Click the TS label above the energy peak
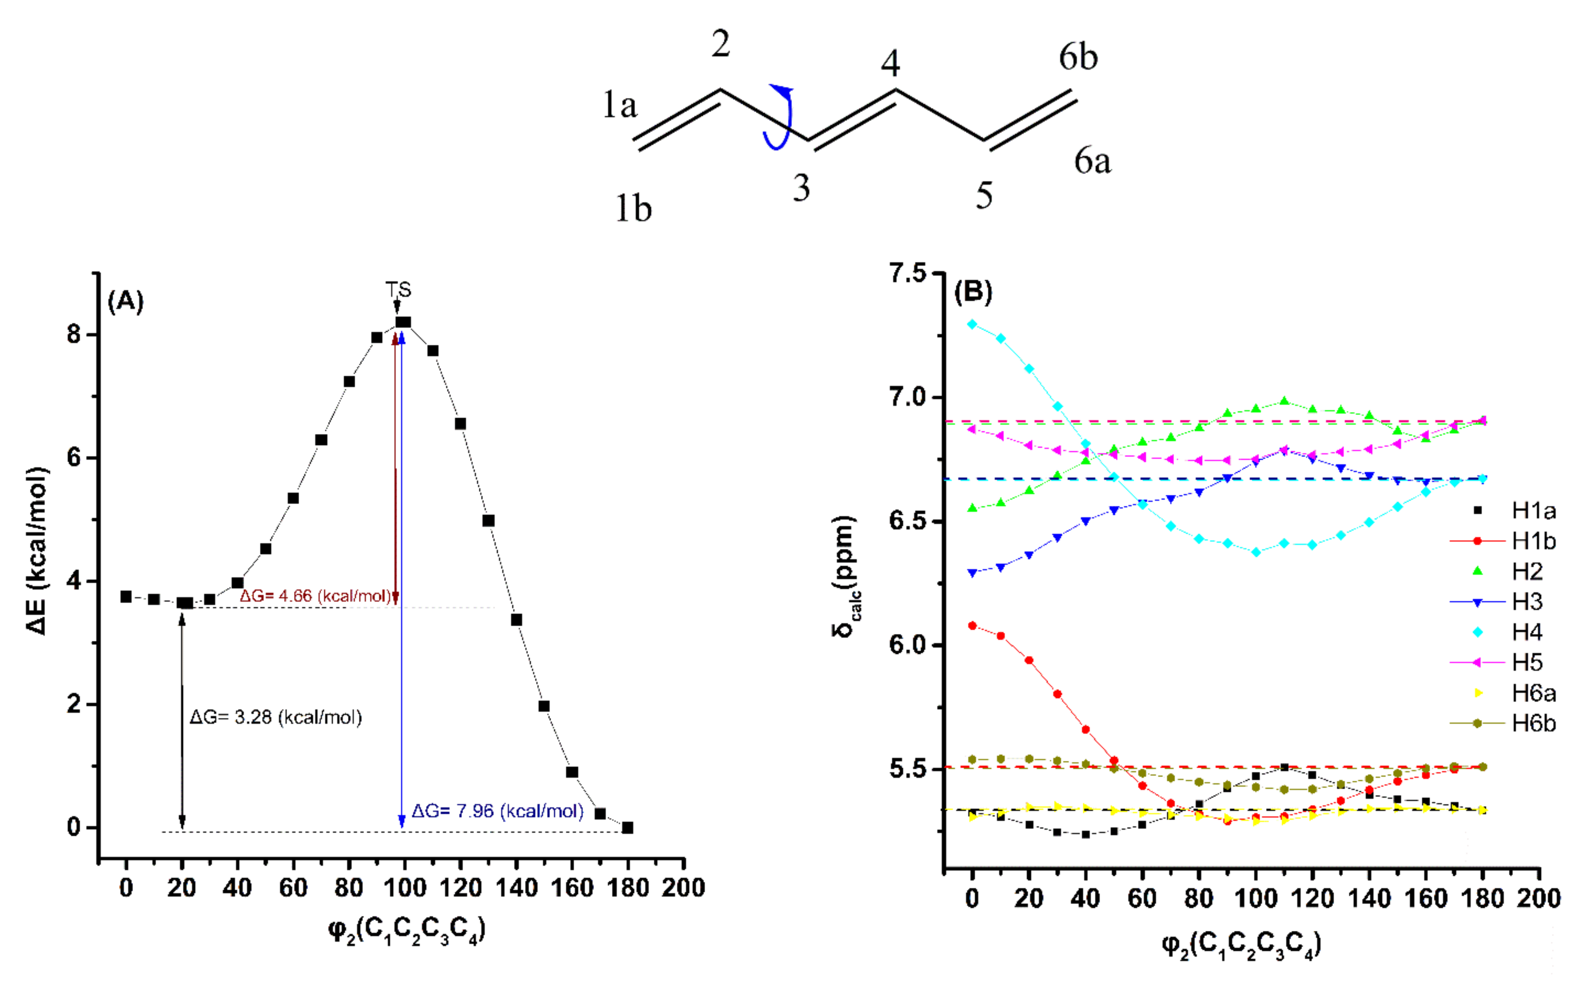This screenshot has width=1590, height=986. pos(398,290)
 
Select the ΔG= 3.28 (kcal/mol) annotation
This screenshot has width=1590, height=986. pos(275,717)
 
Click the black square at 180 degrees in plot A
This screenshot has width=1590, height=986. pos(627,827)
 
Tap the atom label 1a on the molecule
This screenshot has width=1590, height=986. pos(619,105)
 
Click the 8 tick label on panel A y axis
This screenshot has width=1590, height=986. pos(74,335)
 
